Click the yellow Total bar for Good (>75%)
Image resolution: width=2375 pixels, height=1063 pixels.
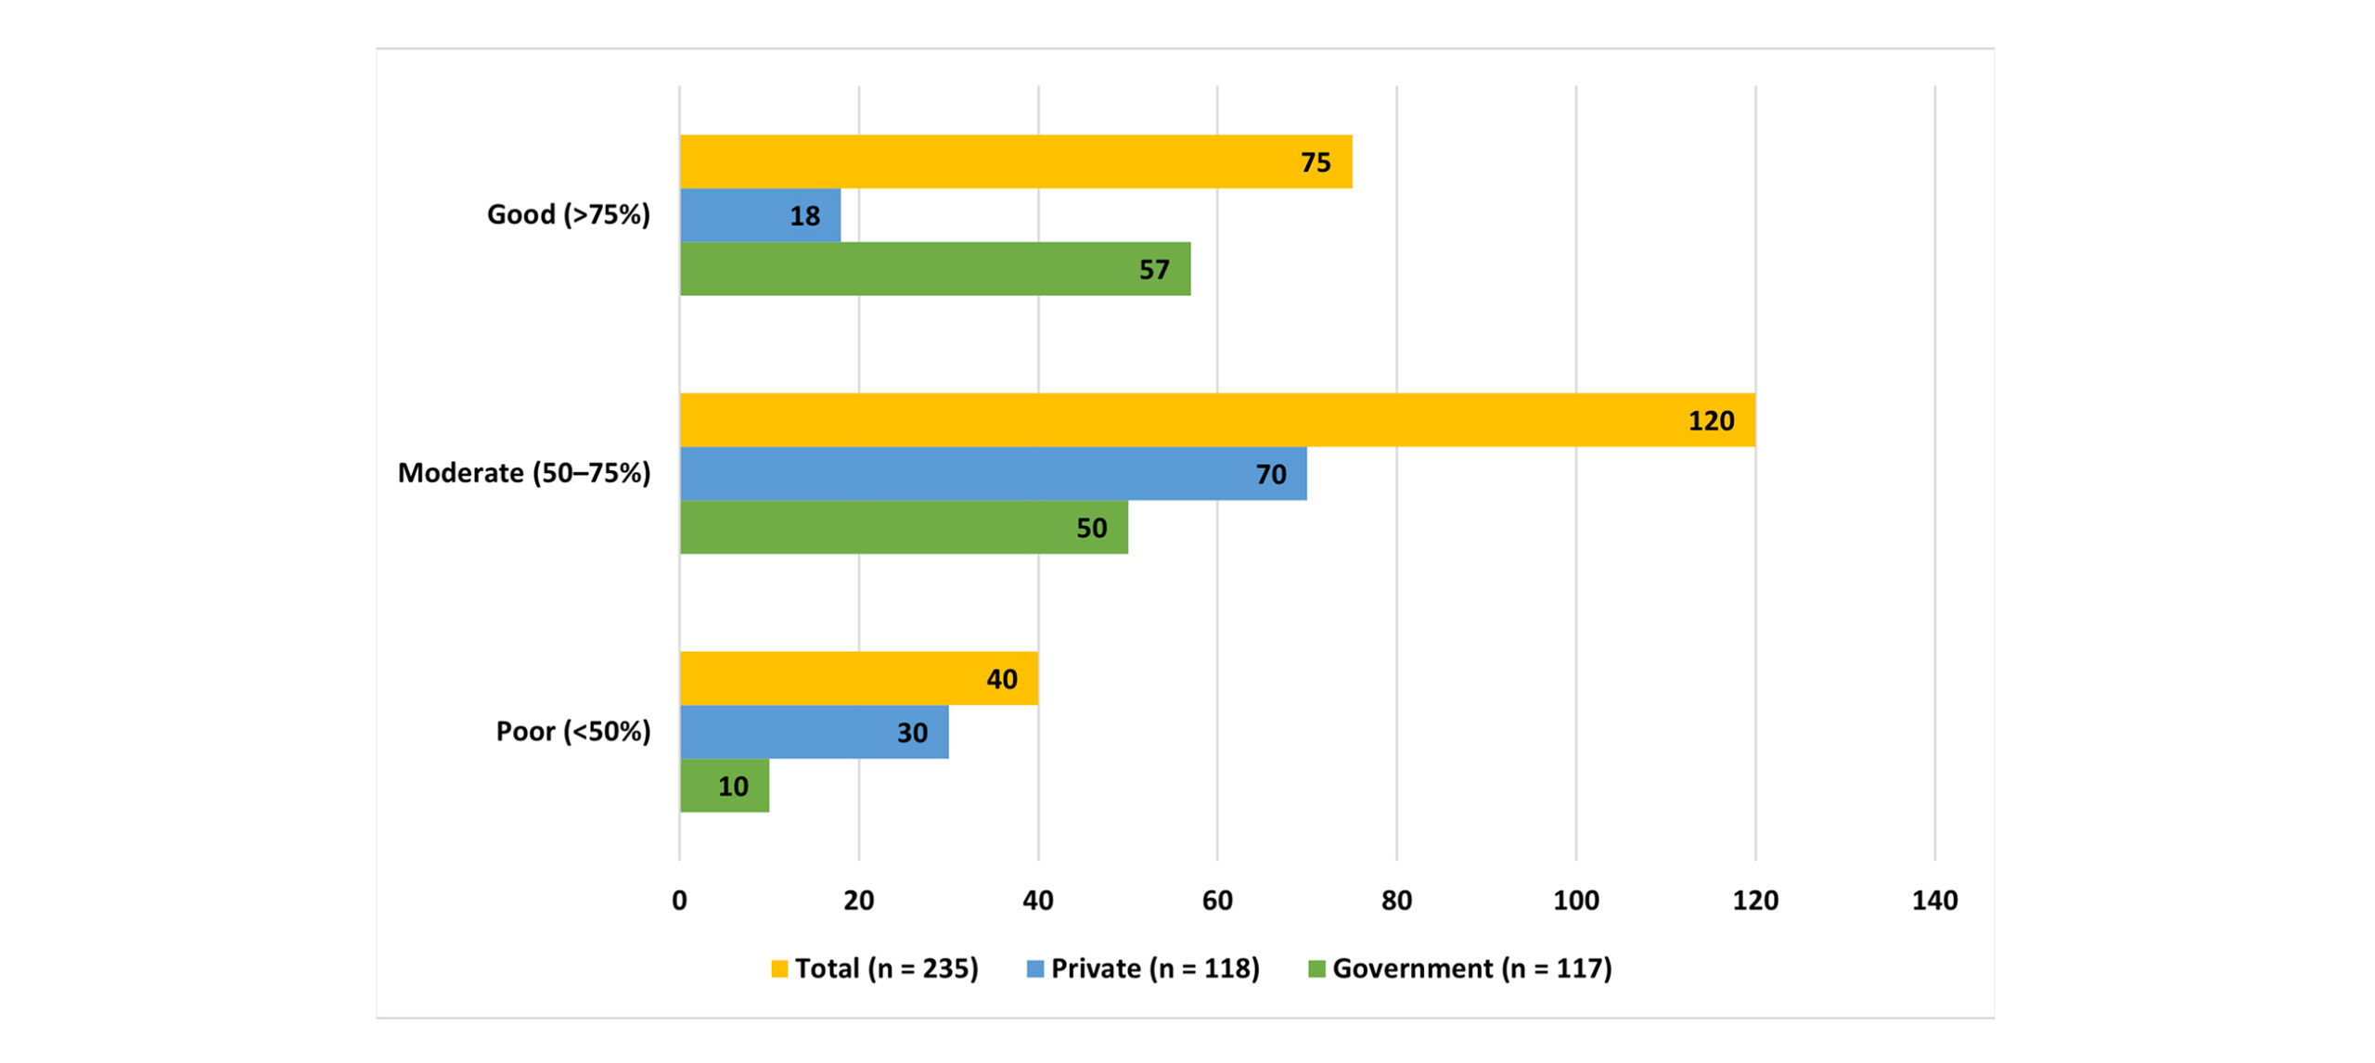tap(1015, 161)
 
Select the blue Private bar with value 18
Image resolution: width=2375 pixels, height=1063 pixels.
tap(760, 215)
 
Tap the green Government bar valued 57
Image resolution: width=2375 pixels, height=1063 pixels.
tap(934, 269)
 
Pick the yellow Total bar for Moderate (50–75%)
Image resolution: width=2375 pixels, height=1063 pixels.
tap(1216, 420)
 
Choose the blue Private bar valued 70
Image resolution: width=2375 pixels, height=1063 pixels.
tap(993, 474)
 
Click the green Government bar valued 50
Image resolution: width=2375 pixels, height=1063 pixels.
tap(904, 527)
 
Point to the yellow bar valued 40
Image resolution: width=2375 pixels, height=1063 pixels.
tap(858, 678)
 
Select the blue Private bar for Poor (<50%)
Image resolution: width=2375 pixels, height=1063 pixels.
tap(814, 732)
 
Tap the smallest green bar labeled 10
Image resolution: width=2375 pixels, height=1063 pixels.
tap(724, 786)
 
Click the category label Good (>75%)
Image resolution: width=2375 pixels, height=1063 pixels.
tap(568, 215)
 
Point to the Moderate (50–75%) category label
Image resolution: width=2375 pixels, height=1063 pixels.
tap(524, 473)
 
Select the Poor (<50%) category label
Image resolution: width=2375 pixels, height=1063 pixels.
tap(572, 732)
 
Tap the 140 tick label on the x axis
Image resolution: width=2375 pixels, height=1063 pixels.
tap(1934, 900)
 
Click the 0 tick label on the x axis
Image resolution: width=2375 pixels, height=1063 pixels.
tap(679, 900)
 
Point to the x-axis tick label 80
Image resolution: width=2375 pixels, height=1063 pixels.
tap(1396, 900)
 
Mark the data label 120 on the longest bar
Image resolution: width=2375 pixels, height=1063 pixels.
tap(1711, 421)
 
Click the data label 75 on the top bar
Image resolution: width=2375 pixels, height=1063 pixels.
tap(1316, 162)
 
